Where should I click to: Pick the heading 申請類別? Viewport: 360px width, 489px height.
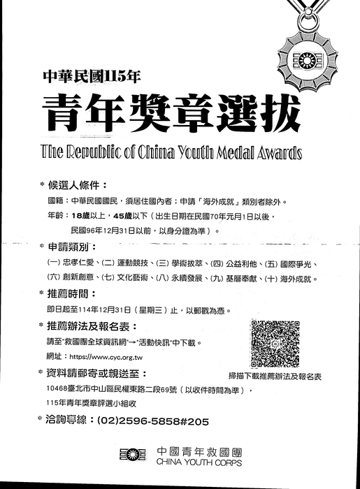(72, 248)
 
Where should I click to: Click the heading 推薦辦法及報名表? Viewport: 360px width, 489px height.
(92, 326)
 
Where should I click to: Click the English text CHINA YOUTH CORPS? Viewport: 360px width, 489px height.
(200, 462)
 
